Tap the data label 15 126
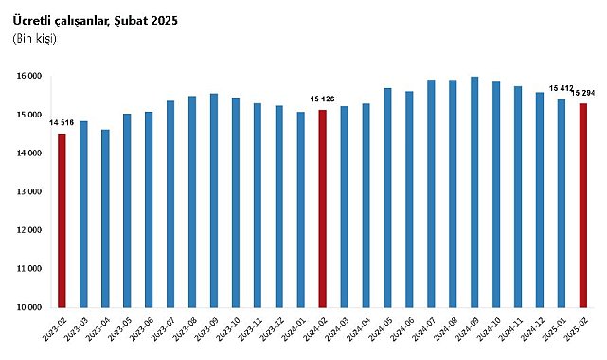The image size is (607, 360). click(x=322, y=99)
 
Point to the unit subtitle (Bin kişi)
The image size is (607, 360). click(x=35, y=38)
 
